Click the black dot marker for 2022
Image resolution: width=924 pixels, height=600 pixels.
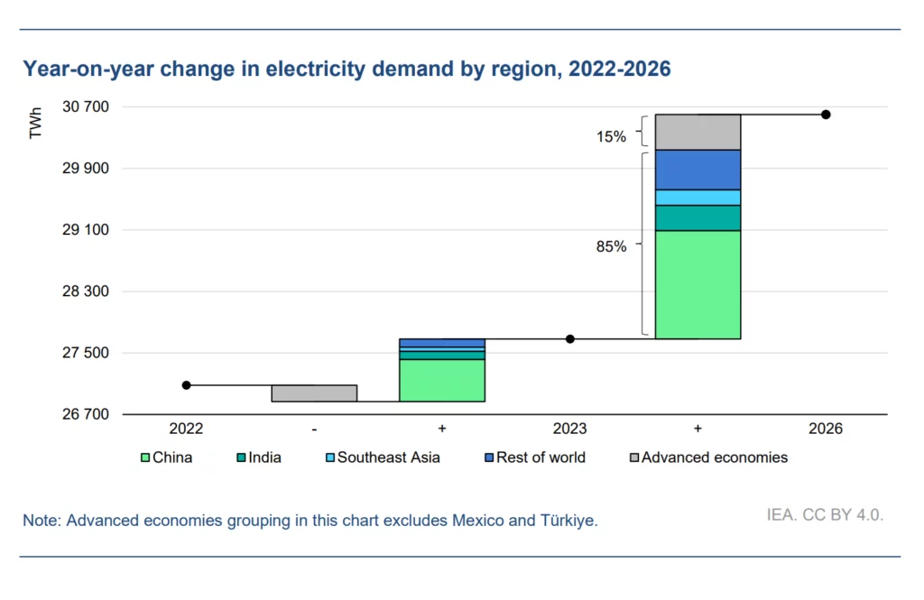(187, 385)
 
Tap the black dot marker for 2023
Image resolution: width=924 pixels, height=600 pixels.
(570, 339)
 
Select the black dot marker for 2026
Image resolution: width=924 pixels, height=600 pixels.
(826, 115)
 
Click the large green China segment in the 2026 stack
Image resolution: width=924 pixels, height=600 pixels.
(698, 284)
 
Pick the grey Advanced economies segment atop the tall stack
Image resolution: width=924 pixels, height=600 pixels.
(698, 132)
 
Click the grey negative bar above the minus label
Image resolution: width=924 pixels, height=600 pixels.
(314, 393)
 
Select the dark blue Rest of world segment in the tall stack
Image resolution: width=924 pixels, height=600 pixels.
(698, 170)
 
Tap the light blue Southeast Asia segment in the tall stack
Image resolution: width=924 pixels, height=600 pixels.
(698, 198)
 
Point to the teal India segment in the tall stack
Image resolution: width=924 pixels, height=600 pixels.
(698, 218)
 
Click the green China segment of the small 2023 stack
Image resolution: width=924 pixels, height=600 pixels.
(442, 380)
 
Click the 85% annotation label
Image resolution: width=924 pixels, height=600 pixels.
(611, 245)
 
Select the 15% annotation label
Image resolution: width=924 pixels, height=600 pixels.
(611, 136)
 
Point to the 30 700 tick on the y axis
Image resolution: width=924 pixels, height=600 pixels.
(88, 106)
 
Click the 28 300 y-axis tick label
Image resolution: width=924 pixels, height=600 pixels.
(88, 291)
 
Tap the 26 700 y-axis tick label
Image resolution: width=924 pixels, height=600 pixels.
(88, 414)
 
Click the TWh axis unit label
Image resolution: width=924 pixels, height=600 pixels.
(36, 124)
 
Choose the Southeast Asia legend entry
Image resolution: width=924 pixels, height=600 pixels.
(388, 457)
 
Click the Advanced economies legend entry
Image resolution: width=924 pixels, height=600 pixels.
(714, 457)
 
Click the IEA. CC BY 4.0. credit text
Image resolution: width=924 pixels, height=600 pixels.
(825, 515)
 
